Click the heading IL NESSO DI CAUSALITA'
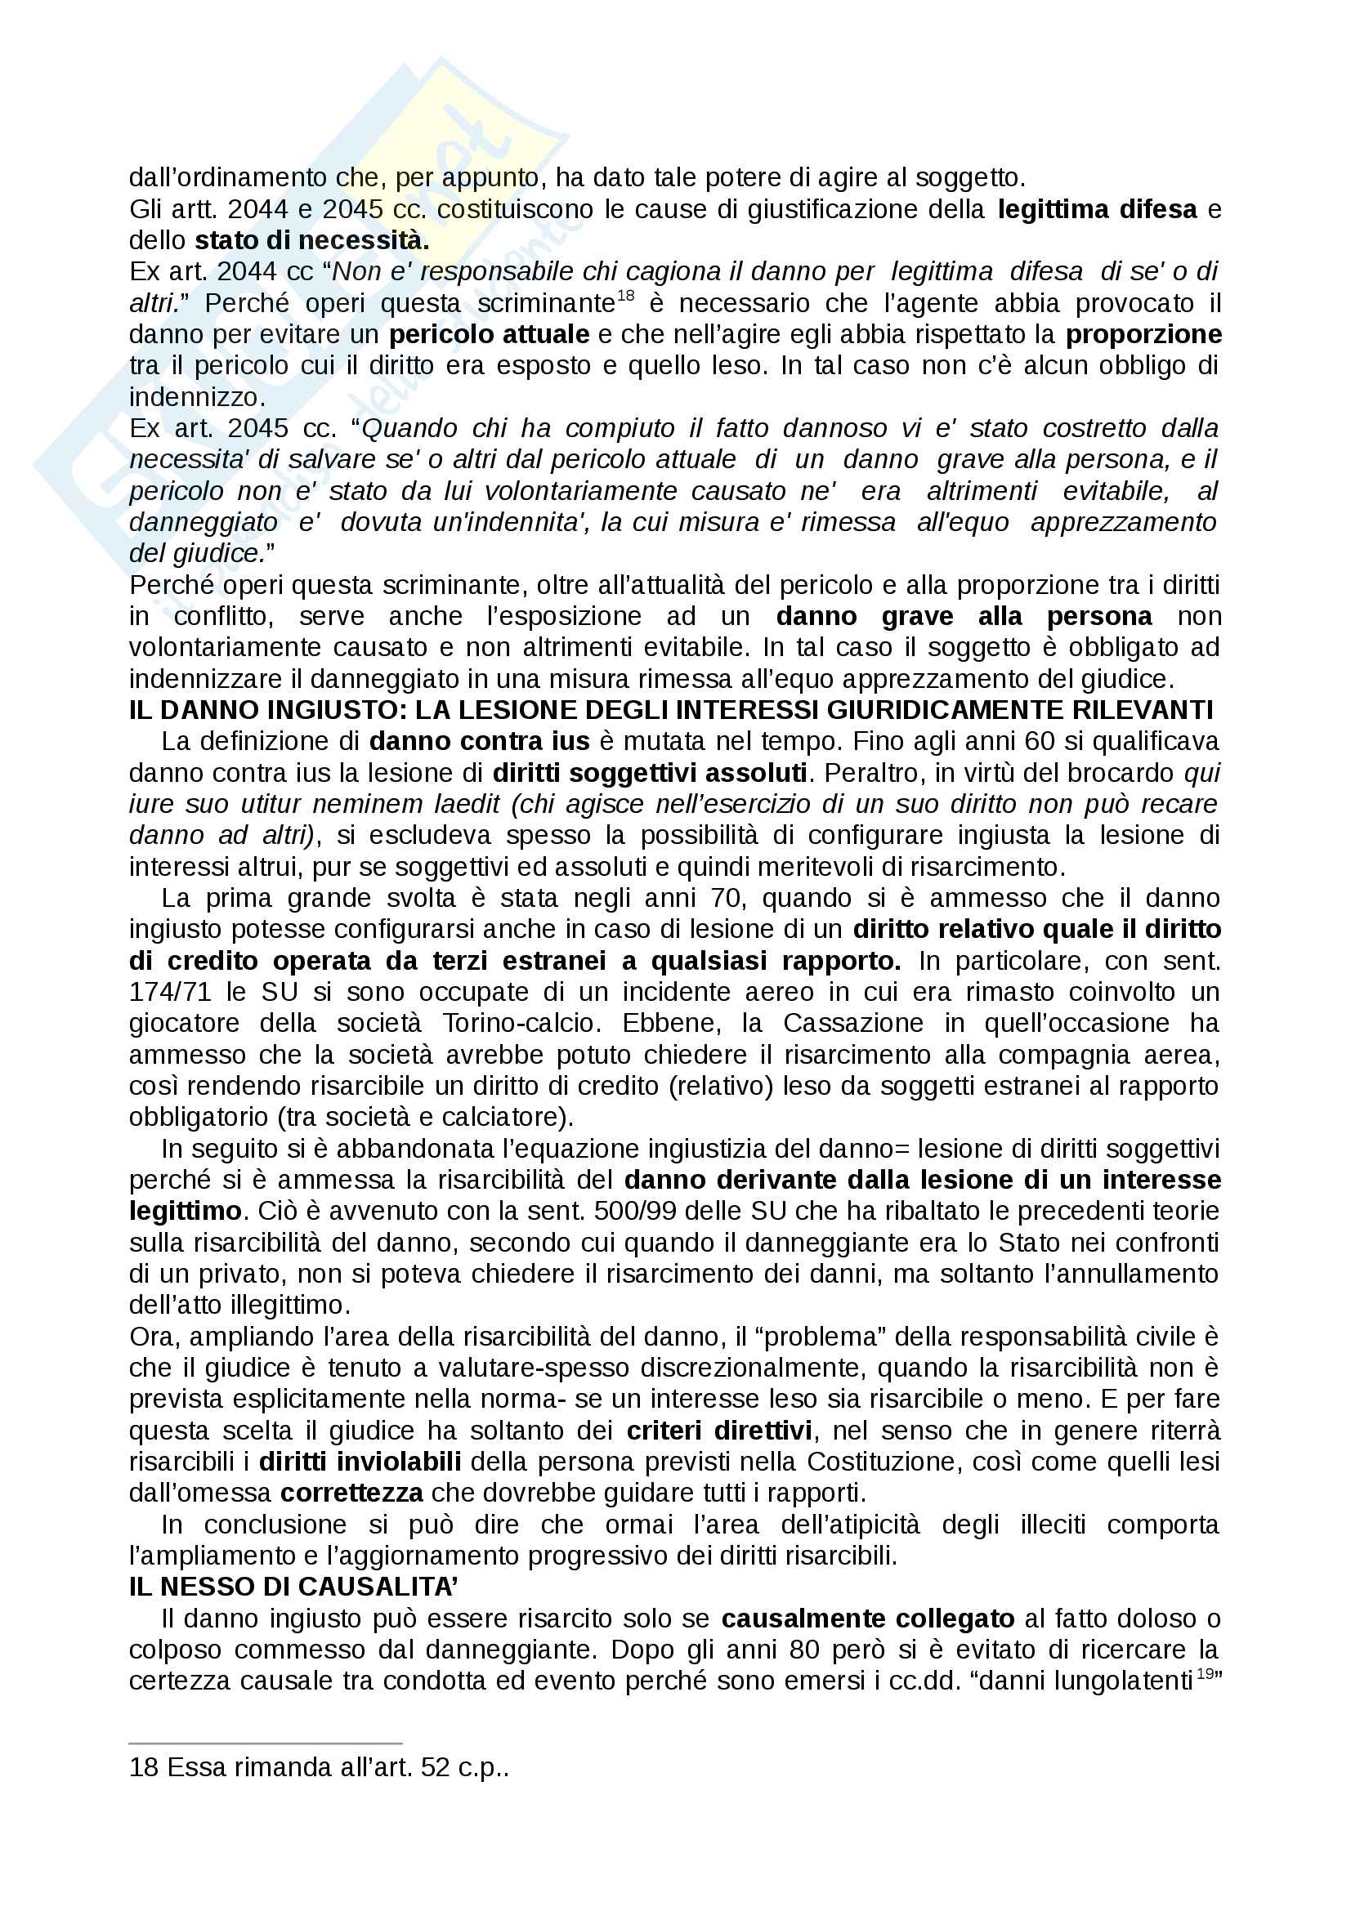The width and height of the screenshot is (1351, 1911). click(x=294, y=1587)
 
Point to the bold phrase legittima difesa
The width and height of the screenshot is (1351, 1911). click(x=1097, y=209)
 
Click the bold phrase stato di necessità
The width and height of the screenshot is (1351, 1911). click(x=311, y=240)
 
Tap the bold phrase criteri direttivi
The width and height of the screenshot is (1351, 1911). click(x=719, y=1431)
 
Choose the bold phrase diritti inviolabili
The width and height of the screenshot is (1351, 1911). click(x=360, y=1462)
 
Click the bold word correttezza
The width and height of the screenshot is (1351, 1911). click(x=351, y=1494)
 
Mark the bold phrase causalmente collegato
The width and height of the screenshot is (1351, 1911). click(x=867, y=1619)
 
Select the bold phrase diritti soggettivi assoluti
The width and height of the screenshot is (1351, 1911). click(x=649, y=772)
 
